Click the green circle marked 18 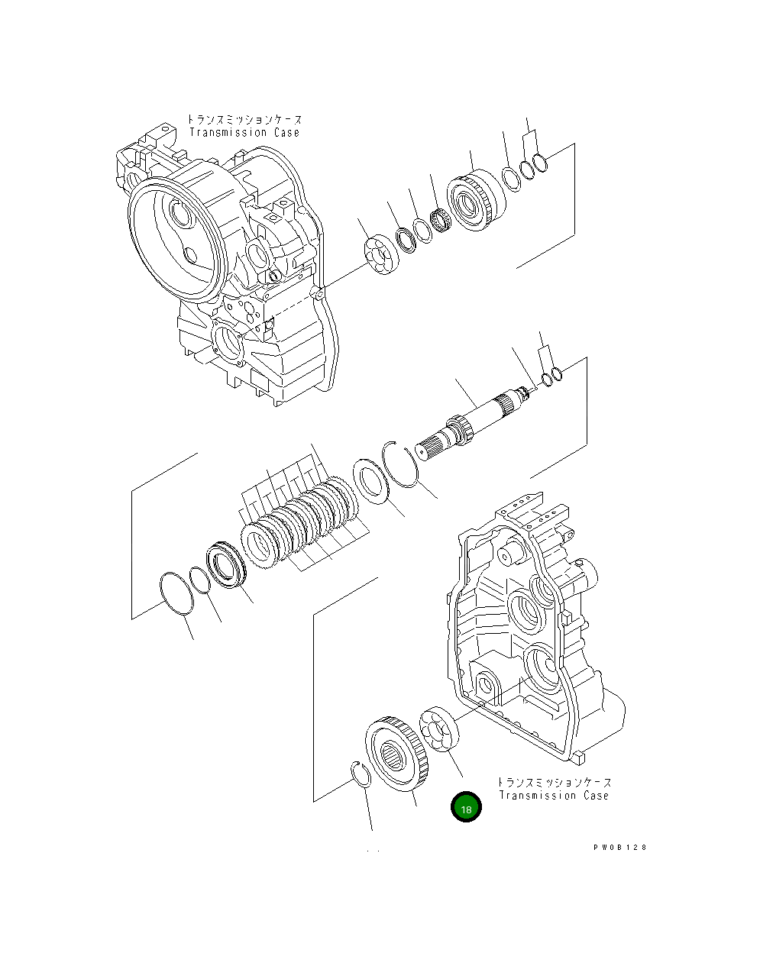pyautogui.click(x=466, y=807)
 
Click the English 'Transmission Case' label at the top pyautogui.click(x=244, y=133)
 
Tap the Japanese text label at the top pyautogui.click(x=244, y=120)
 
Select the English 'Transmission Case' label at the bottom pyautogui.click(x=554, y=796)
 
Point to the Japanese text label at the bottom pyautogui.click(x=554, y=783)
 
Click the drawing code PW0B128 pyautogui.click(x=619, y=848)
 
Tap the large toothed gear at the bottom pyautogui.click(x=396, y=754)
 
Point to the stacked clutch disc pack pyautogui.click(x=302, y=519)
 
